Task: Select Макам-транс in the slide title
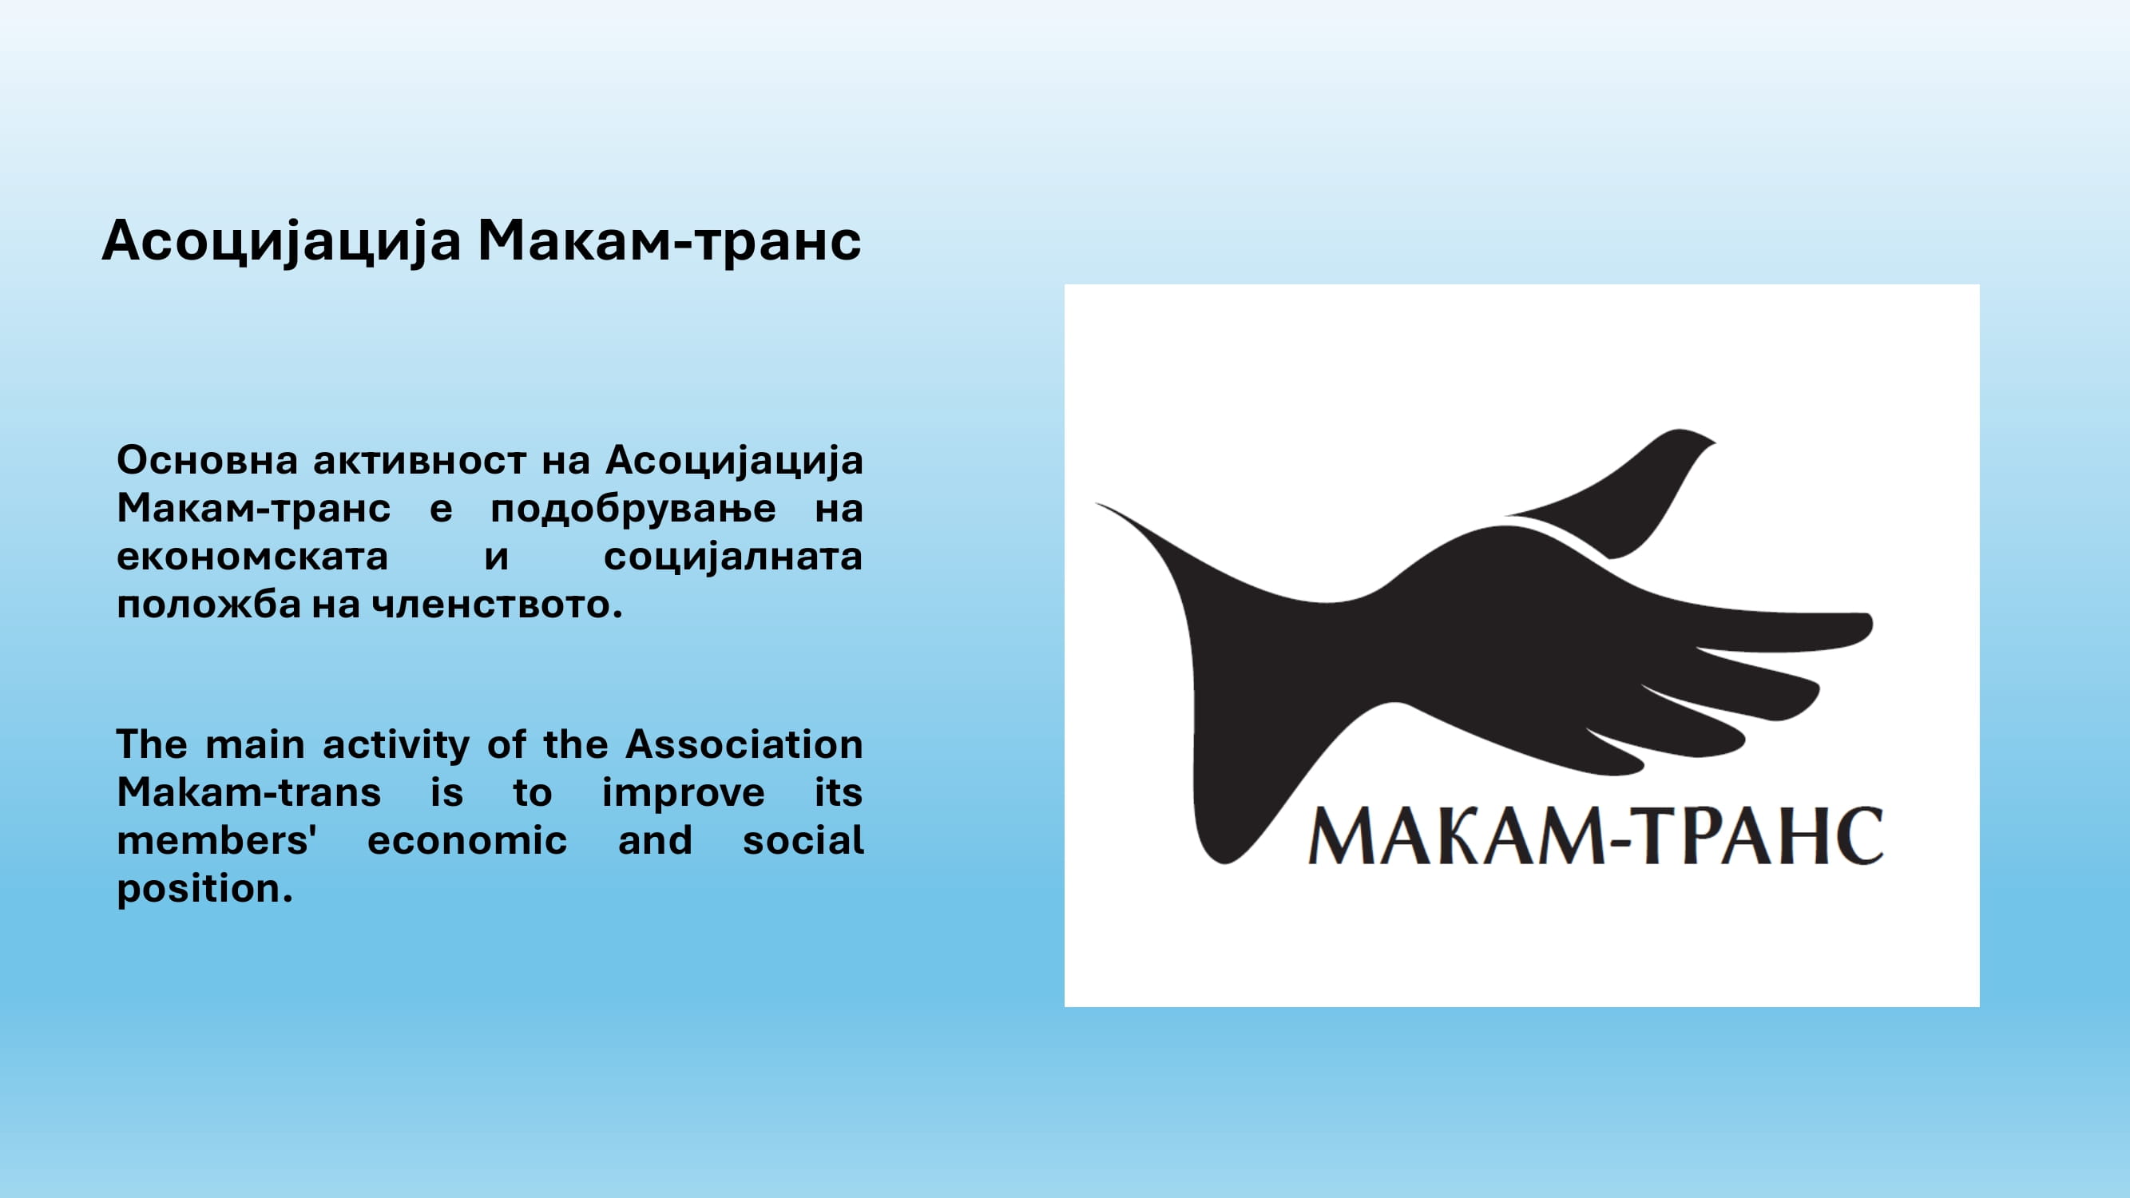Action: [x=670, y=240]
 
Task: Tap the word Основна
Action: [x=207, y=460]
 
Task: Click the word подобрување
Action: [x=633, y=510]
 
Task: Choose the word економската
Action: [x=252, y=557]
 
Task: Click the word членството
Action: [x=497, y=605]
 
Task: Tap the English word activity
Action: [x=396, y=746]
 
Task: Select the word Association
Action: [x=744, y=744]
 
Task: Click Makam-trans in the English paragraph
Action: [x=249, y=792]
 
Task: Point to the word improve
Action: [x=683, y=794]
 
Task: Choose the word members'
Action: [x=216, y=840]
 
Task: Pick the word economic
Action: [x=467, y=841]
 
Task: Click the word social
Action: [x=803, y=840]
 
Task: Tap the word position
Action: [x=204, y=890]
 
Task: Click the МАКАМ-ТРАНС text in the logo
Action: [x=1596, y=836]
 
